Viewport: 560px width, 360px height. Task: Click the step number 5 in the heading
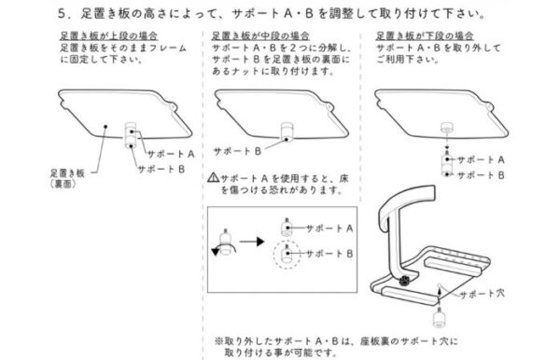click(63, 14)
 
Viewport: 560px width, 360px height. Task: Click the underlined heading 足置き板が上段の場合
click(108, 35)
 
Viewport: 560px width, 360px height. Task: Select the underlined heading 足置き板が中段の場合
click(260, 35)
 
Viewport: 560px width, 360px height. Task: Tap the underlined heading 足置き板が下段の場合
click(425, 35)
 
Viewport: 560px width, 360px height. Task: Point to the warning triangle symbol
click(213, 177)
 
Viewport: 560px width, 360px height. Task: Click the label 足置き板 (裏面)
click(67, 178)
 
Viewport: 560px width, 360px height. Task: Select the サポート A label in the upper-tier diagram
click(171, 154)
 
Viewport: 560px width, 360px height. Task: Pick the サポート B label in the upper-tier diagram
click(161, 169)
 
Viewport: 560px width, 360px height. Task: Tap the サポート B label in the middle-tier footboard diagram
click(237, 151)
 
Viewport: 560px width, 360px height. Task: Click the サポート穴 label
click(482, 294)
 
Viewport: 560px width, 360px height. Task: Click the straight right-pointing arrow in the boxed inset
click(252, 242)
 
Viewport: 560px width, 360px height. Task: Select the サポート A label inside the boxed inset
click(329, 228)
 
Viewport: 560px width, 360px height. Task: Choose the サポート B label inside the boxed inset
click(329, 254)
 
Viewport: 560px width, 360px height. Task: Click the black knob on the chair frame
click(404, 281)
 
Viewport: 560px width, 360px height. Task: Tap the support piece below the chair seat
click(439, 318)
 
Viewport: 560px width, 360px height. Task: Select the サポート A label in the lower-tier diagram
click(481, 159)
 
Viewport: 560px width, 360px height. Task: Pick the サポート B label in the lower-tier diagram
click(481, 175)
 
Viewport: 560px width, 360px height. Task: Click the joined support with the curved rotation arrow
click(225, 242)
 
